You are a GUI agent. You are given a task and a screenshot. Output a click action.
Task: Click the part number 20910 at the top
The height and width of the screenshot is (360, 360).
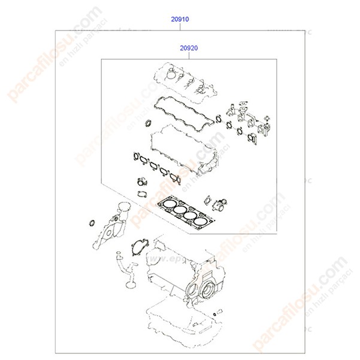(180, 19)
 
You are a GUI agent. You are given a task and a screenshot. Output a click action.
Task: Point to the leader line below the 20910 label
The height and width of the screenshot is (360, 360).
(180, 26)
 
